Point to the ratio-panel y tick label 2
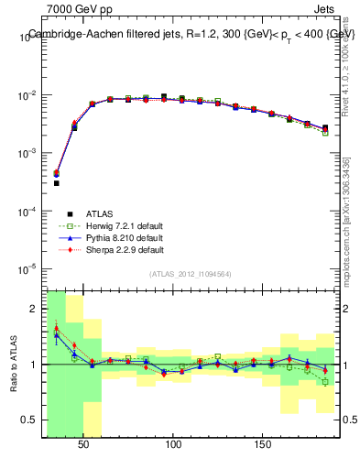coord(33,309)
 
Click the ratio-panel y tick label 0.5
coord(29,420)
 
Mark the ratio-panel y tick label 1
coord(33,365)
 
